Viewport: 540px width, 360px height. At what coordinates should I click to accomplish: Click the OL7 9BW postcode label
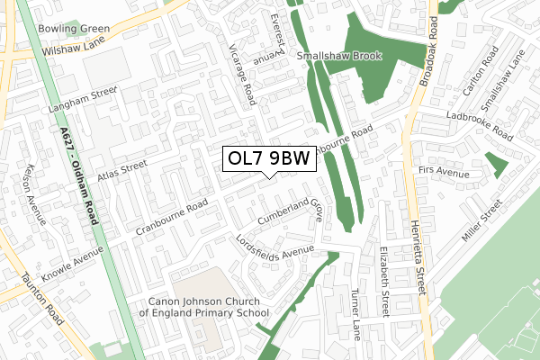[268, 159]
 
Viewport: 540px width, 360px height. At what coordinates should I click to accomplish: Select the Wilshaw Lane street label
[70, 46]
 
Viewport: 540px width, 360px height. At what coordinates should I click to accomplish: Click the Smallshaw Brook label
[342, 56]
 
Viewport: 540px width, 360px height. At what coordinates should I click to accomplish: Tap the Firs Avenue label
[445, 171]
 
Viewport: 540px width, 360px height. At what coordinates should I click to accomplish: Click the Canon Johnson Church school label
[203, 307]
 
